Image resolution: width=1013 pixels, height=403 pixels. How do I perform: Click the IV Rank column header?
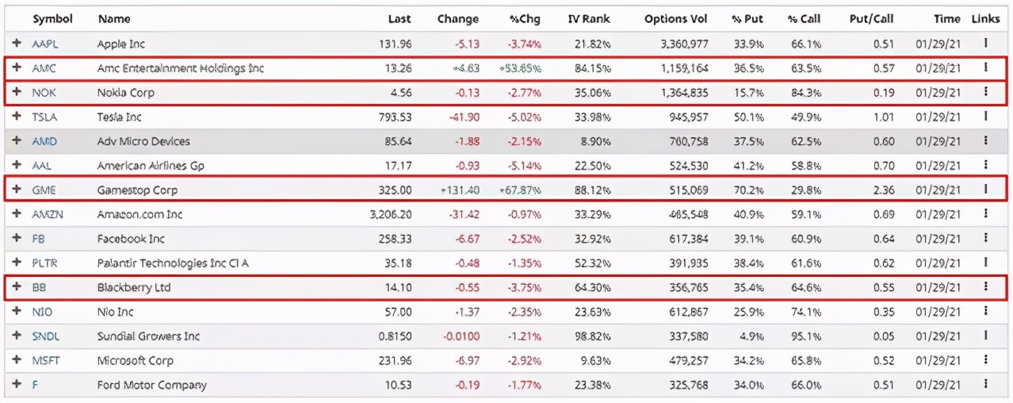click(x=589, y=19)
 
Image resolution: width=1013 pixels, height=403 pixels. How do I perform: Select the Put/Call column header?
click(x=871, y=19)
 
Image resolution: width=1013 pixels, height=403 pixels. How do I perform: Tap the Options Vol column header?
click(x=675, y=19)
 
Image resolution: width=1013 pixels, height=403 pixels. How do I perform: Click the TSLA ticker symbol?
click(x=45, y=117)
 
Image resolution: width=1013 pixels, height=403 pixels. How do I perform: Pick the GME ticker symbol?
click(x=44, y=190)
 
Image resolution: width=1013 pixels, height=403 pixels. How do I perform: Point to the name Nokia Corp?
click(x=125, y=93)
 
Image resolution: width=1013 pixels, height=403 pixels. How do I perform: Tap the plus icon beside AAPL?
click(x=17, y=44)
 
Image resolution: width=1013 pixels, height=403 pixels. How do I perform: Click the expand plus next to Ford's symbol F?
click(x=17, y=385)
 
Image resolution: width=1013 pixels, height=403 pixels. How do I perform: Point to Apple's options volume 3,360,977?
click(x=677, y=44)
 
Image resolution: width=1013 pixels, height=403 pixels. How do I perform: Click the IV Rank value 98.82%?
click(x=593, y=336)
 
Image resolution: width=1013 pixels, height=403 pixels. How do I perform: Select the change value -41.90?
click(x=462, y=117)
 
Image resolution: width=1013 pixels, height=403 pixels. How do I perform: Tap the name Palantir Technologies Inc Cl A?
click(x=173, y=263)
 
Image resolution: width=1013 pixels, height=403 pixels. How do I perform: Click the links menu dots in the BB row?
click(x=985, y=287)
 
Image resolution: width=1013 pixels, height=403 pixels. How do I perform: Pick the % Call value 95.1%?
click(x=805, y=336)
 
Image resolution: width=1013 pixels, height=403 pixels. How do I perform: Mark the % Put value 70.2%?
click(x=747, y=190)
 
